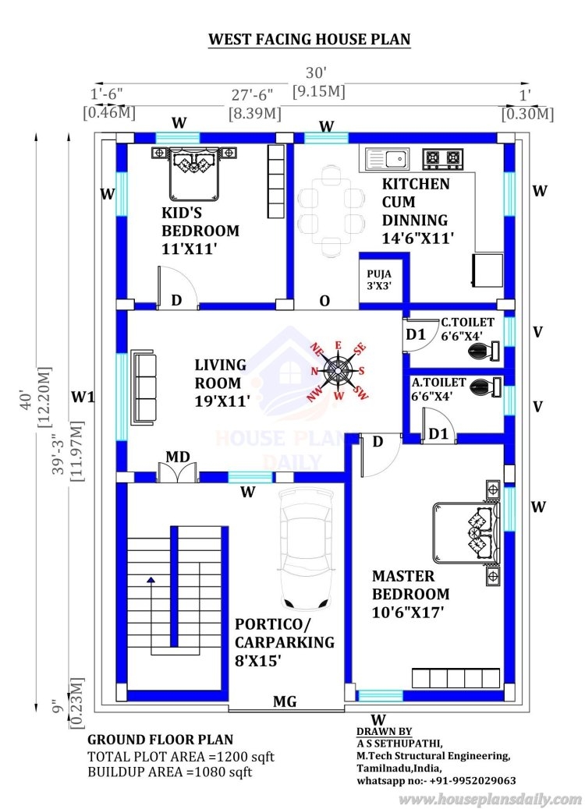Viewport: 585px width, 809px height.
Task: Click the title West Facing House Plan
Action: click(x=309, y=39)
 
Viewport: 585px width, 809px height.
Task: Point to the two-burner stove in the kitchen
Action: click(x=442, y=159)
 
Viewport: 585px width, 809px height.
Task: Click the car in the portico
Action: click(x=303, y=549)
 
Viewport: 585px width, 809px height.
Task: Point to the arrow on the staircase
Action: click(x=150, y=581)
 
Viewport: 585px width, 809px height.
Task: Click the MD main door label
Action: click(x=178, y=457)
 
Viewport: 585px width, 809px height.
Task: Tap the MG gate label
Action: click(x=284, y=702)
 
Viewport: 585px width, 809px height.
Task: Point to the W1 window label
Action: click(x=83, y=397)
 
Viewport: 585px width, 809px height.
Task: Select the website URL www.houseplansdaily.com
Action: click(x=490, y=799)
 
